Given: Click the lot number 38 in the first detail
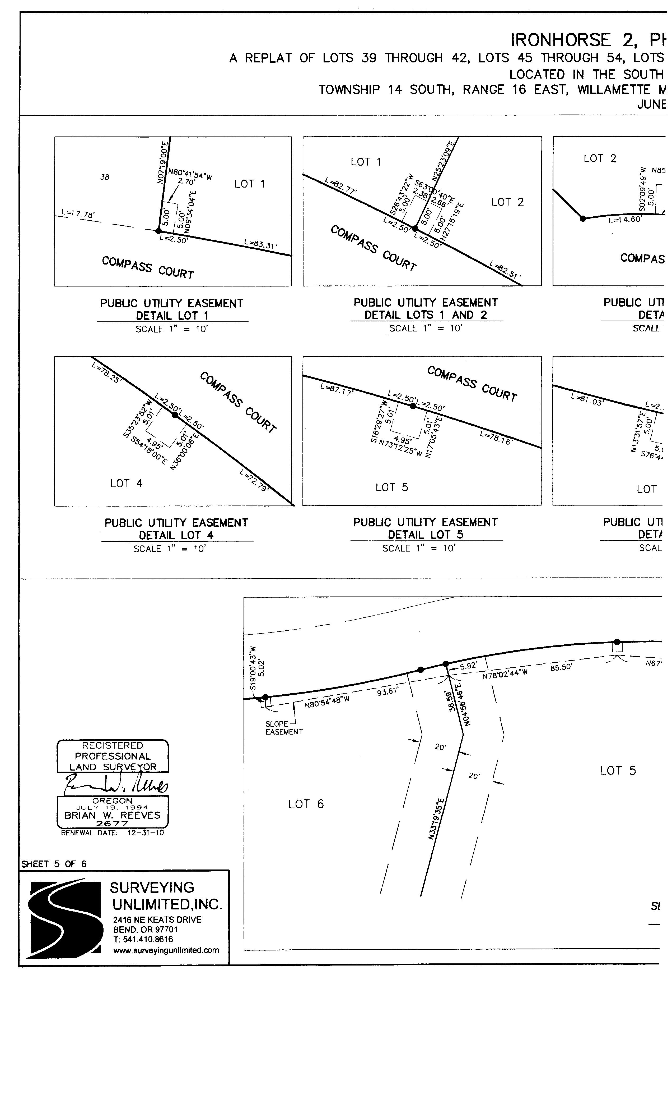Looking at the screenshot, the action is coord(105,177).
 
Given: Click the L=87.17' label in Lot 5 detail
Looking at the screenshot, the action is coord(337,389).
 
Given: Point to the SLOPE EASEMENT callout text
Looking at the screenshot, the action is coord(283,728).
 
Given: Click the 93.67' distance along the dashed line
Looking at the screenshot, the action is coord(388,691).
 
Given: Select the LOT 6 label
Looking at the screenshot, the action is coord(306,804).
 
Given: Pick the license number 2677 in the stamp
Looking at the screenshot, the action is coord(112,823).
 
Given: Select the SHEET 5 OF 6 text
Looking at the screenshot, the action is coord(54,864).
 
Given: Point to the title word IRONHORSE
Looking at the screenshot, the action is coord(561,40).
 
